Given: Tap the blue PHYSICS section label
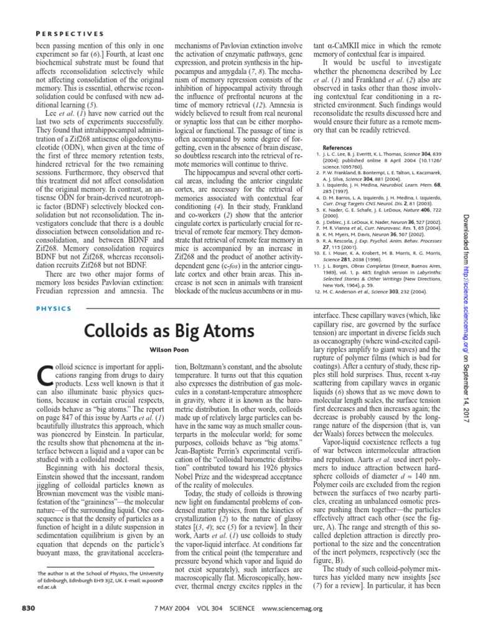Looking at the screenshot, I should coord(55,308).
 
